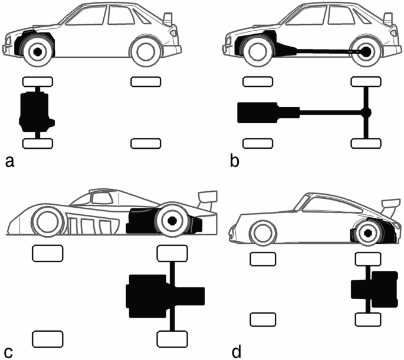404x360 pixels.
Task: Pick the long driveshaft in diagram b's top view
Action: tap(330, 112)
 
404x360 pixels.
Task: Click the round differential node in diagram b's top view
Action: tap(366, 112)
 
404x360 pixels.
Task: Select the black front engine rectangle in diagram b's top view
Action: tap(256, 112)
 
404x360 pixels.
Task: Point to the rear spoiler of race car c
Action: tap(207, 198)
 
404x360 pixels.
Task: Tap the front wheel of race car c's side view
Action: tap(48, 222)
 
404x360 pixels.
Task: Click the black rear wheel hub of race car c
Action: tap(172, 221)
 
